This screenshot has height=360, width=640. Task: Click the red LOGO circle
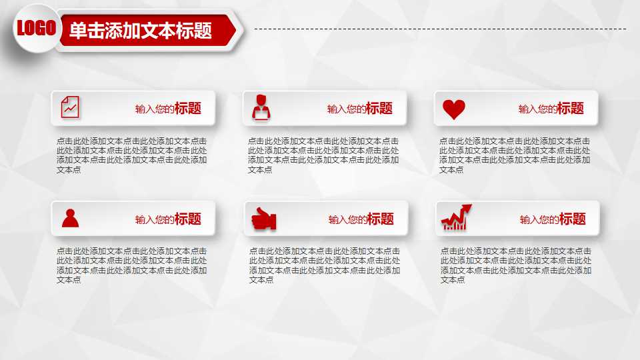point(36,28)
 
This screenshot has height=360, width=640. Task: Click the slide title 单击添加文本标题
point(141,31)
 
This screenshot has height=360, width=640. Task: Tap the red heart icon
point(454,109)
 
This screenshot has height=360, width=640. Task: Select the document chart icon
point(70,107)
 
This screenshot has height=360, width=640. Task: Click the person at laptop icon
point(261,107)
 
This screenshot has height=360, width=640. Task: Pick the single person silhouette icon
point(70,218)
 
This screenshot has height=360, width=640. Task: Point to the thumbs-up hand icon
point(263,219)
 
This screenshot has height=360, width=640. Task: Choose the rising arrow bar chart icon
point(455,217)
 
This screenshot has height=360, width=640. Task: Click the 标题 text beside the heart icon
point(571,109)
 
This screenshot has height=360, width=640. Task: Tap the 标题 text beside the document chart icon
point(188,109)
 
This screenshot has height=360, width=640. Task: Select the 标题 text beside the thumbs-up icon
point(381,219)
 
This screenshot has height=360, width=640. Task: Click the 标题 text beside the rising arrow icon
point(573,219)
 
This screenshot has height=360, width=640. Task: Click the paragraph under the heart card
point(515,155)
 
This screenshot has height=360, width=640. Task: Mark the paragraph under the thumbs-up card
point(325,265)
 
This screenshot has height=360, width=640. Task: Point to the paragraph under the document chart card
point(132,155)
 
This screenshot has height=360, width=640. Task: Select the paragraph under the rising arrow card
point(515,265)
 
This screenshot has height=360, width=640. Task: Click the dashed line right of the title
point(440,29)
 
